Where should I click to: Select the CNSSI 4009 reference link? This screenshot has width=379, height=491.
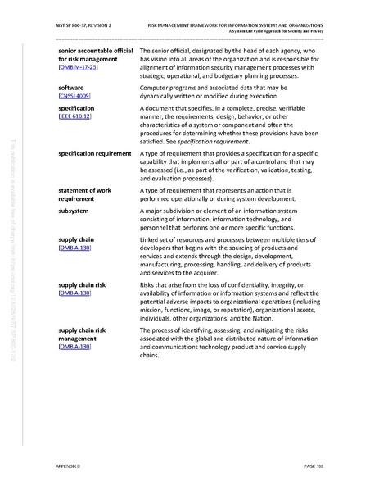(x=76, y=96)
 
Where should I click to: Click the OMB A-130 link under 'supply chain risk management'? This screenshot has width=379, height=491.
(x=74, y=348)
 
